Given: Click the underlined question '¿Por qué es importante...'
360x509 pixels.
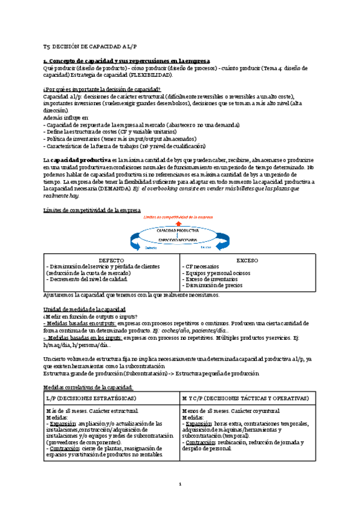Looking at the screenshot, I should (x=102, y=89).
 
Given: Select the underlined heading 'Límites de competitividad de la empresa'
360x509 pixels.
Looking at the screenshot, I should (x=92, y=210).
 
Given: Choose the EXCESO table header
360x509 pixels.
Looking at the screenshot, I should (x=247, y=261).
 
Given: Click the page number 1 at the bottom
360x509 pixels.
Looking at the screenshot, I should (x=180, y=484).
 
